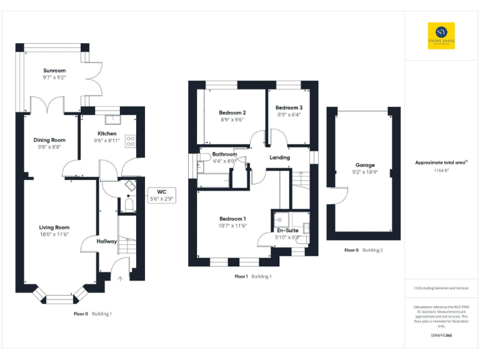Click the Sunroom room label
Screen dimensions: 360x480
pyautogui.click(x=54, y=71)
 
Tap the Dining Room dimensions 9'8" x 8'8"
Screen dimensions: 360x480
pyautogui.click(x=50, y=147)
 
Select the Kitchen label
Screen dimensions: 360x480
pyautogui.click(x=106, y=134)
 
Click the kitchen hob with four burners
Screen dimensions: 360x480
pyautogui.click(x=131, y=141)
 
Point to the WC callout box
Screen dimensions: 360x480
pyautogui.click(x=161, y=195)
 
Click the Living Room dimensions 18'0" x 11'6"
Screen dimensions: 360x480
pyautogui.click(x=54, y=234)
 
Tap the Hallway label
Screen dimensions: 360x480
pyautogui.click(x=107, y=241)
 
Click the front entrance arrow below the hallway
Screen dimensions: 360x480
pyautogui.click(x=120, y=278)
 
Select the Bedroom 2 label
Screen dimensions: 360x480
pyautogui.click(x=232, y=112)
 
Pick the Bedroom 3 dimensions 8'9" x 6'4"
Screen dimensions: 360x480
pyautogui.click(x=289, y=115)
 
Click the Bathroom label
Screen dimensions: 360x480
pyautogui.click(x=224, y=154)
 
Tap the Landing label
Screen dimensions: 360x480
pyautogui.click(x=279, y=157)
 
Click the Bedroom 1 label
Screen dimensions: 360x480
pyautogui.click(x=232, y=219)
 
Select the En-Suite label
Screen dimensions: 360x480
pyautogui.click(x=288, y=230)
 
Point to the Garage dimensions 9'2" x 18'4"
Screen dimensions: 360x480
pyautogui.click(x=365, y=172)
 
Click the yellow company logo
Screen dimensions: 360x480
pyautogui.click(x=441, y=36)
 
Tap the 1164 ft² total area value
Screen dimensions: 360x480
pyautogui.click(x=441, y=170)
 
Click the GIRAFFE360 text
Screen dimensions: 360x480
pyautogui.click(x=441, y=336)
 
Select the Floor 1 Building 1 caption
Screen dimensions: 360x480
pyautogui.click(x=252, y=276)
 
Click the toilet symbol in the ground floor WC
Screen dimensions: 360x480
pyautogui.click(x=129, y=204)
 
